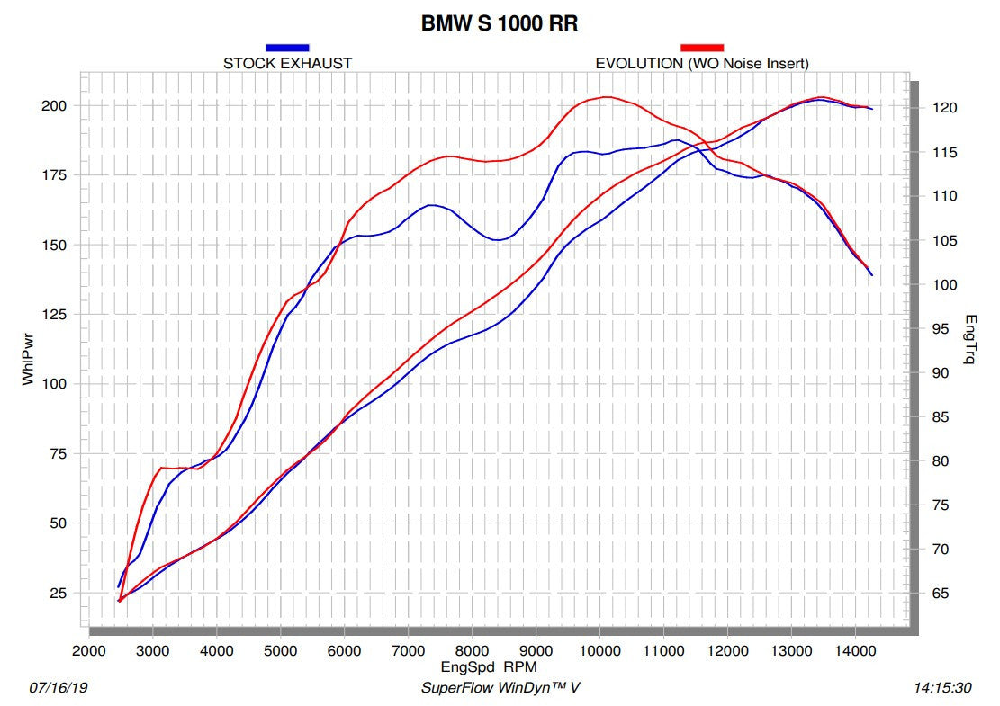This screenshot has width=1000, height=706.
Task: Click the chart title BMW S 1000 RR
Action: (x=499, y=24)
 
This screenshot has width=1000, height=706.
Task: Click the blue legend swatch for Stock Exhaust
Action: (x=287, y=48)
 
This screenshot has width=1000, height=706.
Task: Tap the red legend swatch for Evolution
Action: (x=702, y=48)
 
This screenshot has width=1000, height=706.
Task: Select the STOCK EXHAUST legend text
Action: (x=287, y=64)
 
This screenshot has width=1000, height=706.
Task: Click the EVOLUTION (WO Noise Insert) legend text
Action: (x=702, y=64)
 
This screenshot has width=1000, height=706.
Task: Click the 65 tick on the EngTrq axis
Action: (x=941, y=594)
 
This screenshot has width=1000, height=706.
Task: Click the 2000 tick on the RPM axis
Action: (x=88, y=651)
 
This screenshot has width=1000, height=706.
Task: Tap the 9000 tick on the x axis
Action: (x=536, y=651)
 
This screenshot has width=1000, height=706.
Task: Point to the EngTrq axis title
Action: (x=970, y=340)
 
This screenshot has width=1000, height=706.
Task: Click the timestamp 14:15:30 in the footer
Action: (x=942, y=688)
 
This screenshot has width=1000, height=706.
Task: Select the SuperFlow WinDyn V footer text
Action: (x=501, y=688)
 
